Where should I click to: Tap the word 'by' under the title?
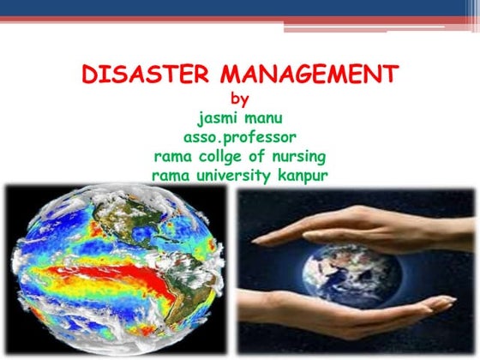tap(240, 99)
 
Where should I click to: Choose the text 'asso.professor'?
tap(241, 138)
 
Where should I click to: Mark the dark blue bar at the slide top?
tap(240, 8)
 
